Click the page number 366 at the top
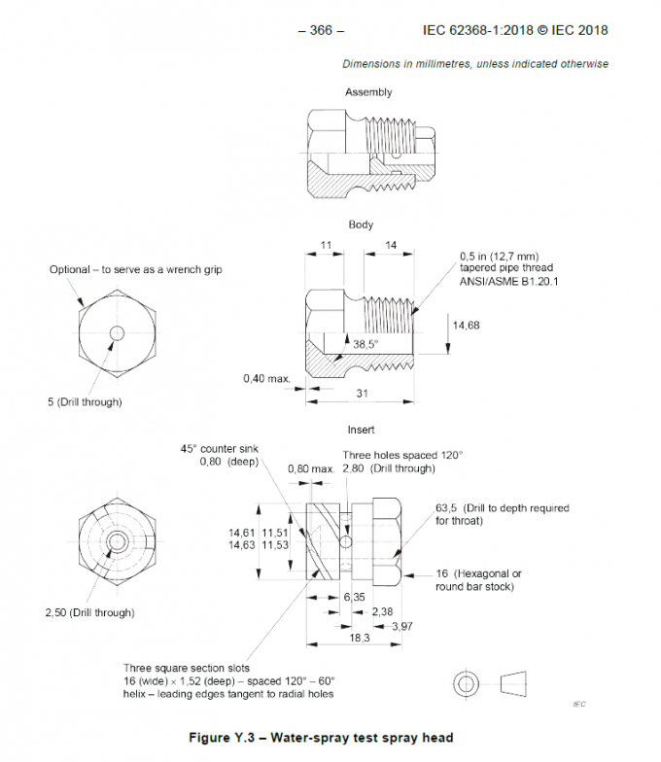(321, 30)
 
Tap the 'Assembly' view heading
(368, 92)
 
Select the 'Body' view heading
(361, 225)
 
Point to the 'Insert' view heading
(361, 430)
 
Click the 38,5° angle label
(365, 344)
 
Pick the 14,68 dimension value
(467, 325)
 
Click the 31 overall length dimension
(362, 393)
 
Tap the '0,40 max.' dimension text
(266, 378)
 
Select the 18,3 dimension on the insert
(360, 638)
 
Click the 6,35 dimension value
(354, 597)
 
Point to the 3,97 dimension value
(402, 626)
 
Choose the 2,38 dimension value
(383, 611)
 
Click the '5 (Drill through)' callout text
(85, 402)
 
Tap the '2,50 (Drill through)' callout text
(89, 612)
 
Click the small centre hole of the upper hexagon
(117, 333)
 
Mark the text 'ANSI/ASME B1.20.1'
(509, 282)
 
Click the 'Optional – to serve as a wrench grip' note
(136, 269)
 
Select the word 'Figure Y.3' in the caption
(222, 737)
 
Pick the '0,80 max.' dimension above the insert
(311, 468)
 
